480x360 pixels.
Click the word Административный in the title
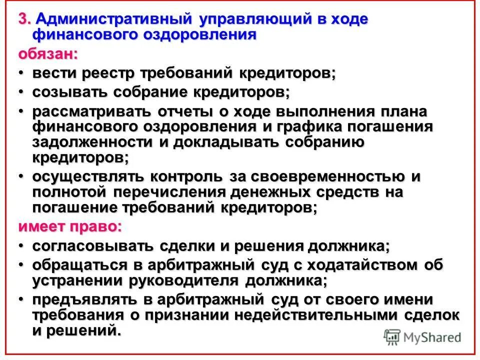click(114, 19)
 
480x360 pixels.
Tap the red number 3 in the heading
click(23, 19)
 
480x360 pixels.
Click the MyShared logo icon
click(393, 337)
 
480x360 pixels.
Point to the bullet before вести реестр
click(21, 73)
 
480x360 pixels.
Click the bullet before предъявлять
click(21, 299)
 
